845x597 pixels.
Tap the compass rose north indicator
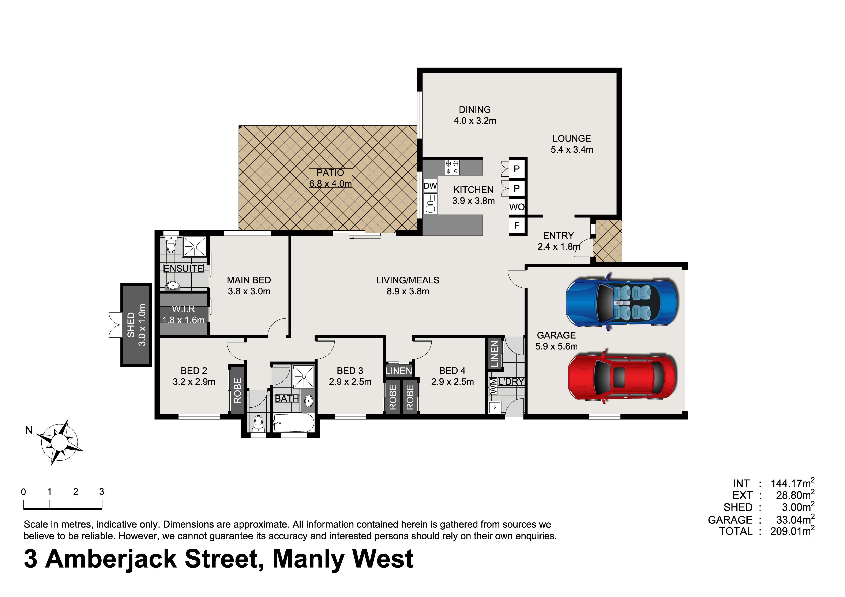[x=59, y=441]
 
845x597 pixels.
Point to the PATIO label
[x=330, y=173]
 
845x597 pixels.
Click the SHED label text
[x=131, y=325]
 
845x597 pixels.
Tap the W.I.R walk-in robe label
[x=183, y=309]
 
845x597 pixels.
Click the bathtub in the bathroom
[x=294, y=423]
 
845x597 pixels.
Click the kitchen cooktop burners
[x=452, y=167]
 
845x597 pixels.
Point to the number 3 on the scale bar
[x=102, y=492]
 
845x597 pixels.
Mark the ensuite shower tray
[x=195, y=246]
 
